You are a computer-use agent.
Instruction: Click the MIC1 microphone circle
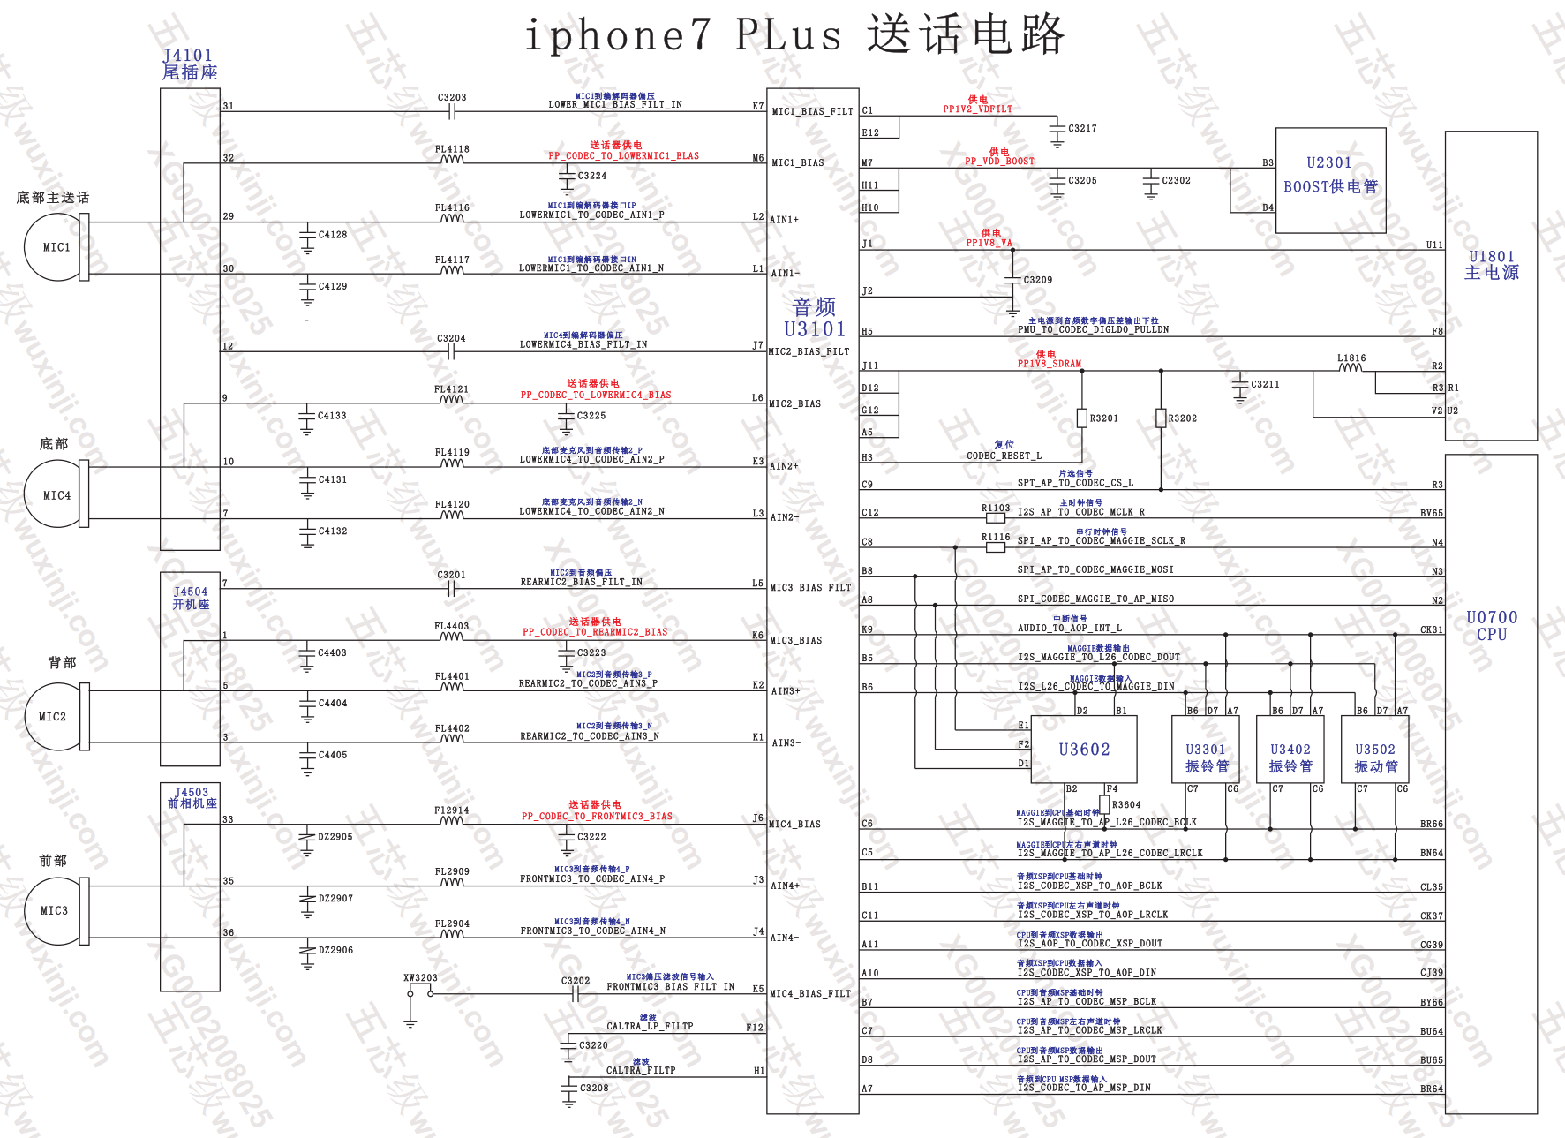[55, 247]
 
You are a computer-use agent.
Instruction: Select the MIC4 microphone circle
[55, 495]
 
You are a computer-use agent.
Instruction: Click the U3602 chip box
[1084, 750]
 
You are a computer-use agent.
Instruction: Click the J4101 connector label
[188, 56]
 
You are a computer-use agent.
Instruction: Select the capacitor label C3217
[1082, 129]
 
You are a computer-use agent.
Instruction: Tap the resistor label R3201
[1103, 418]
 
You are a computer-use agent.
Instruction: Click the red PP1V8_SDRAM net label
[1049, 364]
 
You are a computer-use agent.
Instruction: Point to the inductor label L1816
[1351, 358]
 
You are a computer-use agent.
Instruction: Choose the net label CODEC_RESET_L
[1004, 456]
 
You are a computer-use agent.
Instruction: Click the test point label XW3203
[420, 978]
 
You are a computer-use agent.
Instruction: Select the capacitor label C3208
[594, 1088]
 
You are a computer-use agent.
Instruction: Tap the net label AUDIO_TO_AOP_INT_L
[1069, 629]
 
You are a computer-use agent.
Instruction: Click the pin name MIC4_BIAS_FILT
[809, 993]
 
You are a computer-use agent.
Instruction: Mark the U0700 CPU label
[1492, 625]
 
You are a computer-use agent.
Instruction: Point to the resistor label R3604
[1126, 805]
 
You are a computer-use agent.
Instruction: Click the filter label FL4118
[452, 149]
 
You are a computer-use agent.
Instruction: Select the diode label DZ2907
[335, 899]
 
